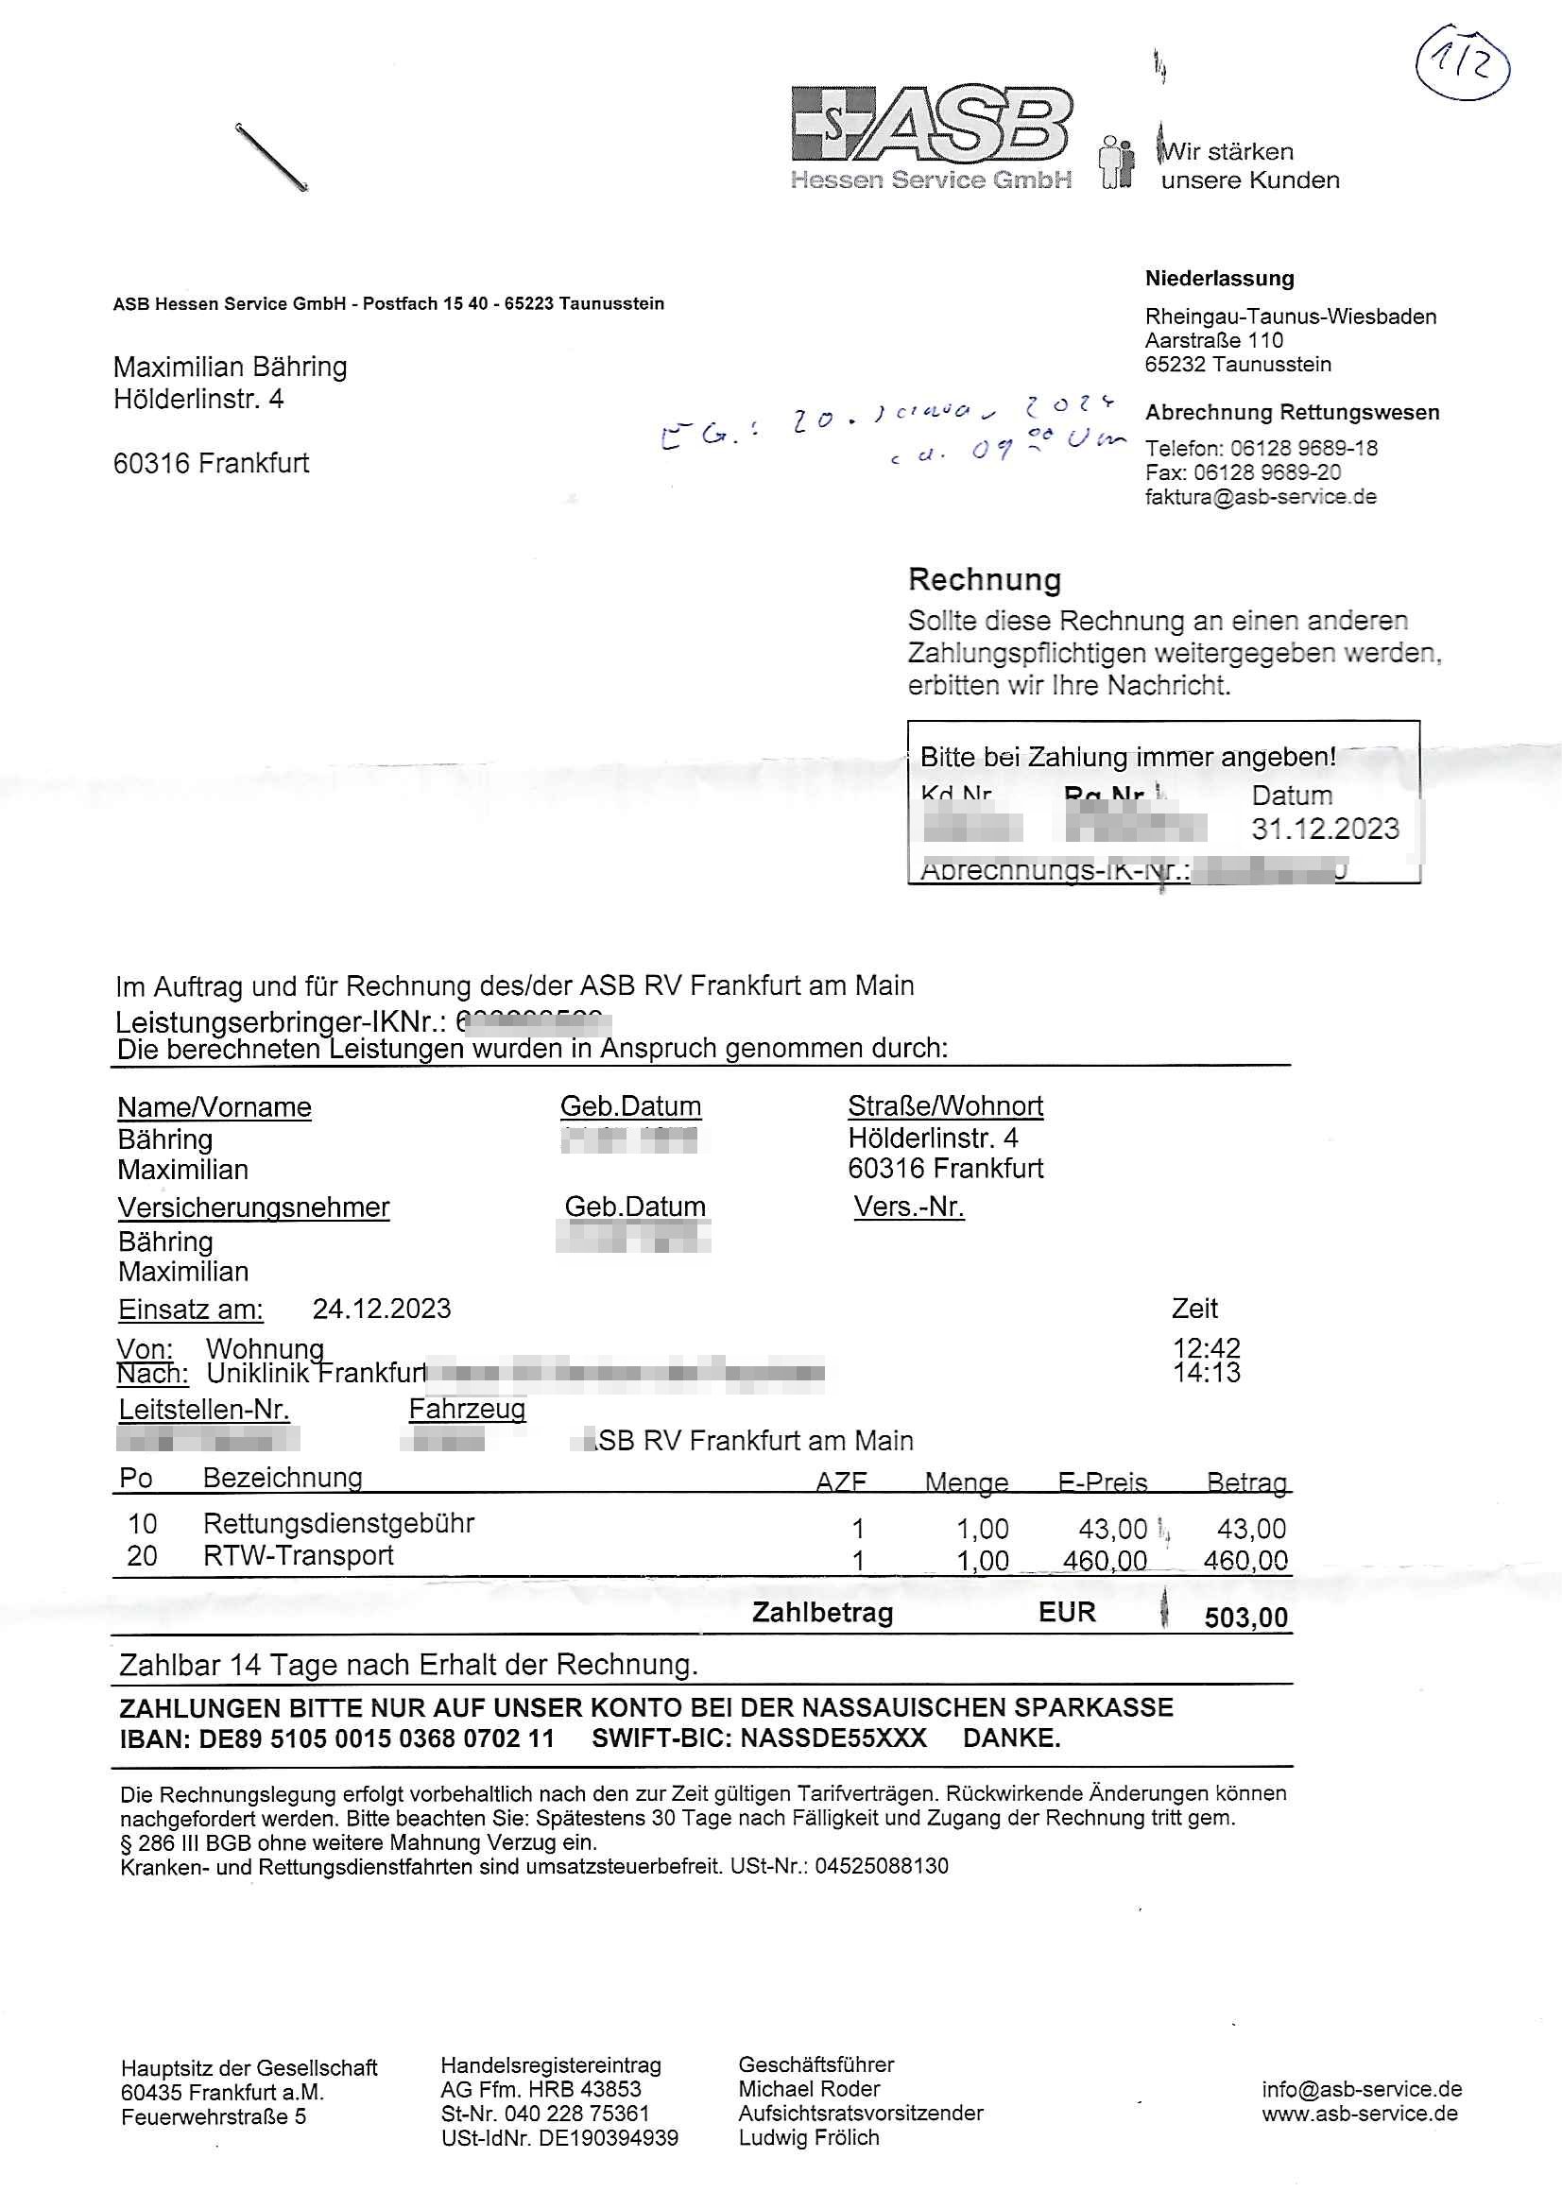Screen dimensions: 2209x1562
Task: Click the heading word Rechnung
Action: click(985, 579)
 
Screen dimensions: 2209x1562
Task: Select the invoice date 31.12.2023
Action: click(1325, 829)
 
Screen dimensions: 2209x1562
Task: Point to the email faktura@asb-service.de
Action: click(1261, 496)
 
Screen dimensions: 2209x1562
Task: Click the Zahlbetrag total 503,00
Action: click(1245, 1618)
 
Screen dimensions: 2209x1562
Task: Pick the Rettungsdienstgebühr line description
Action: click(339, 1524)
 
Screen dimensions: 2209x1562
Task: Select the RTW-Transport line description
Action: click(299, 1556)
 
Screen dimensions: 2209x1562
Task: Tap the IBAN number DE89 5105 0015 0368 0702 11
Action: click(376, 1738)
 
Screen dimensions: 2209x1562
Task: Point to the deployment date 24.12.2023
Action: click(381, 1309)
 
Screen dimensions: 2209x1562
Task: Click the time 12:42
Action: click(1206, 1348)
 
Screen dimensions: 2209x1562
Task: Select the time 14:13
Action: click(1206, 1373)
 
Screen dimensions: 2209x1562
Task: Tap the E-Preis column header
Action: click(1102, 1482)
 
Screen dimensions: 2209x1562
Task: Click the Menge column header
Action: click(967, 1482)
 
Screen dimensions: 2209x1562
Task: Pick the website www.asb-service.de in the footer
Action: click(1360, 2114)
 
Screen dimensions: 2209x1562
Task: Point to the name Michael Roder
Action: click(809, 2089)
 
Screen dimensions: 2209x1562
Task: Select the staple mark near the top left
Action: click(271, 158)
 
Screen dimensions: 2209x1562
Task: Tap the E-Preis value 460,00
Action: click(1104, 1561)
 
